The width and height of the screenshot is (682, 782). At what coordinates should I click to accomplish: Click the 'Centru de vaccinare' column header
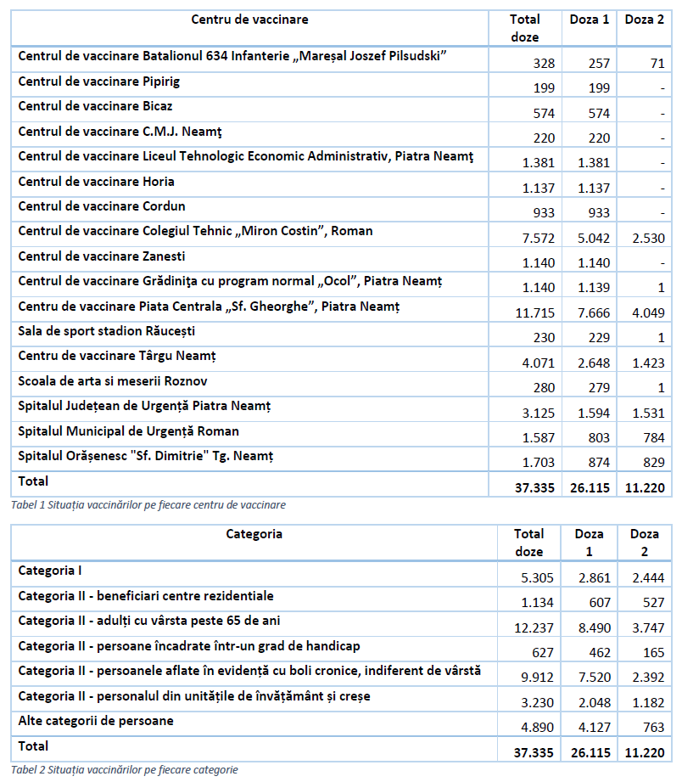pos(249,19)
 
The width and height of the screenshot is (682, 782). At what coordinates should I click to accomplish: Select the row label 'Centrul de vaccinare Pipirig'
pos(99,82)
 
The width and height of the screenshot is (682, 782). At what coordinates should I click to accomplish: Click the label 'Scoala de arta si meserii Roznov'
pos(113,381)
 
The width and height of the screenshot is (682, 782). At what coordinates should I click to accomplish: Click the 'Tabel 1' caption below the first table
pos(148,504)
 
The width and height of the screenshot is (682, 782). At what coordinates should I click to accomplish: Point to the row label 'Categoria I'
pos(48,571)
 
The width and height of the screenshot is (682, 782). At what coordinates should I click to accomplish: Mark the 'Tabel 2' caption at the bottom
pos(125,770)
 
